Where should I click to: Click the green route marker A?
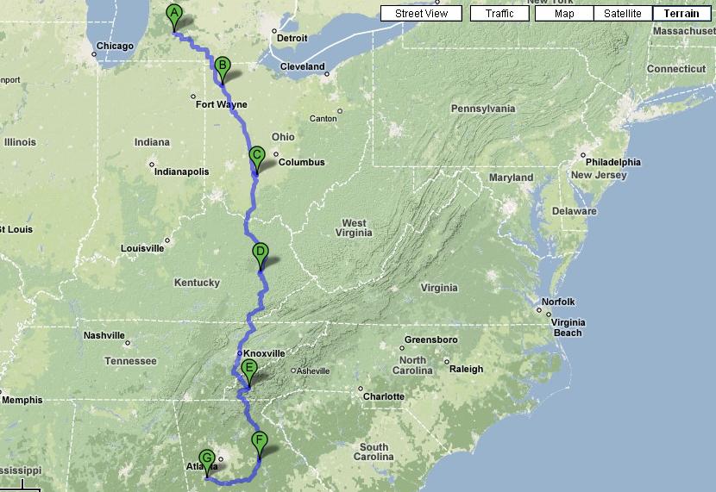pyautogui.click(x=174, y=15)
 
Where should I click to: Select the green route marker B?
pyautogui.click(x=222, y=66)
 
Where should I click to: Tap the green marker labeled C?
pyautogui.click(x=256, y=157)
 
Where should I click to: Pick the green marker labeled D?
pyautogui.click(x=261, y=253)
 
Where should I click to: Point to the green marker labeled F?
pyautogui.click(x=260, y=441)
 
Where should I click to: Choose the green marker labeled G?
pyautogui.click(x=206, y=458)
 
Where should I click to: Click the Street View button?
pyautogui.click(x=421, y=14)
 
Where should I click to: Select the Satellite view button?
pyautogui.click(x=622, y=14)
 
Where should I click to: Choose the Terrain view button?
pyautogui.click(x=681, y=14)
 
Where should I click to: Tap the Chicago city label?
pyautogui.click(x=115, y=46)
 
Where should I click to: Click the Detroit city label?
pyautogui.click(x=290, y=38)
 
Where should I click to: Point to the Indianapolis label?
pyautogui.click(x=181, y=171)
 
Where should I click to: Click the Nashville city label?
pyautogui.click(x=104, y=335)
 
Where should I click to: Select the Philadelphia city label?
pyautogui.click(x=612, y=162)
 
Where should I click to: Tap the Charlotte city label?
pyautogui.click(x=383, y=396)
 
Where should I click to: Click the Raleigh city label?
pyautogui.click(x=466, y=368)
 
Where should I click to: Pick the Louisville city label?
pyautogui.click(x=142, y=248)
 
